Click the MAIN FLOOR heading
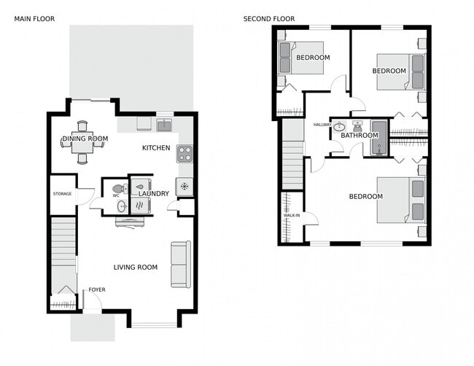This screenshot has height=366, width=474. click(x=34, y=18)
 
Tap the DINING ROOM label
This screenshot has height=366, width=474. click(x=85, y=139)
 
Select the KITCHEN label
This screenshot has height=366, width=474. click(x=156, y=148)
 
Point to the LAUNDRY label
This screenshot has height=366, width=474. click(x=154, y=193)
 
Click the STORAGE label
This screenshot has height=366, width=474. click(x=62, y=194)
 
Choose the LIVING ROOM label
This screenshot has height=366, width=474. click(x=136, y=268)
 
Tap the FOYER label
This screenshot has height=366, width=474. click(x=97, y=289)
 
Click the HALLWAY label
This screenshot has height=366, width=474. click(x=322, y=125)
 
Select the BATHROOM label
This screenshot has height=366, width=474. click(x=360, y=135)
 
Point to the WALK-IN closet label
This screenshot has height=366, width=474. click(x=290, y=216)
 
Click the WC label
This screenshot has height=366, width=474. click(x=116, y=195)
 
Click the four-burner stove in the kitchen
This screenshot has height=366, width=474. click(x=184, y=153)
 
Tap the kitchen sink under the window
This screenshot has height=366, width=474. click(x=165, y=124)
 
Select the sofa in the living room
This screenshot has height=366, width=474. click(x=180, y=264)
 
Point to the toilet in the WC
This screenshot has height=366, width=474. click(x=131, y=188)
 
